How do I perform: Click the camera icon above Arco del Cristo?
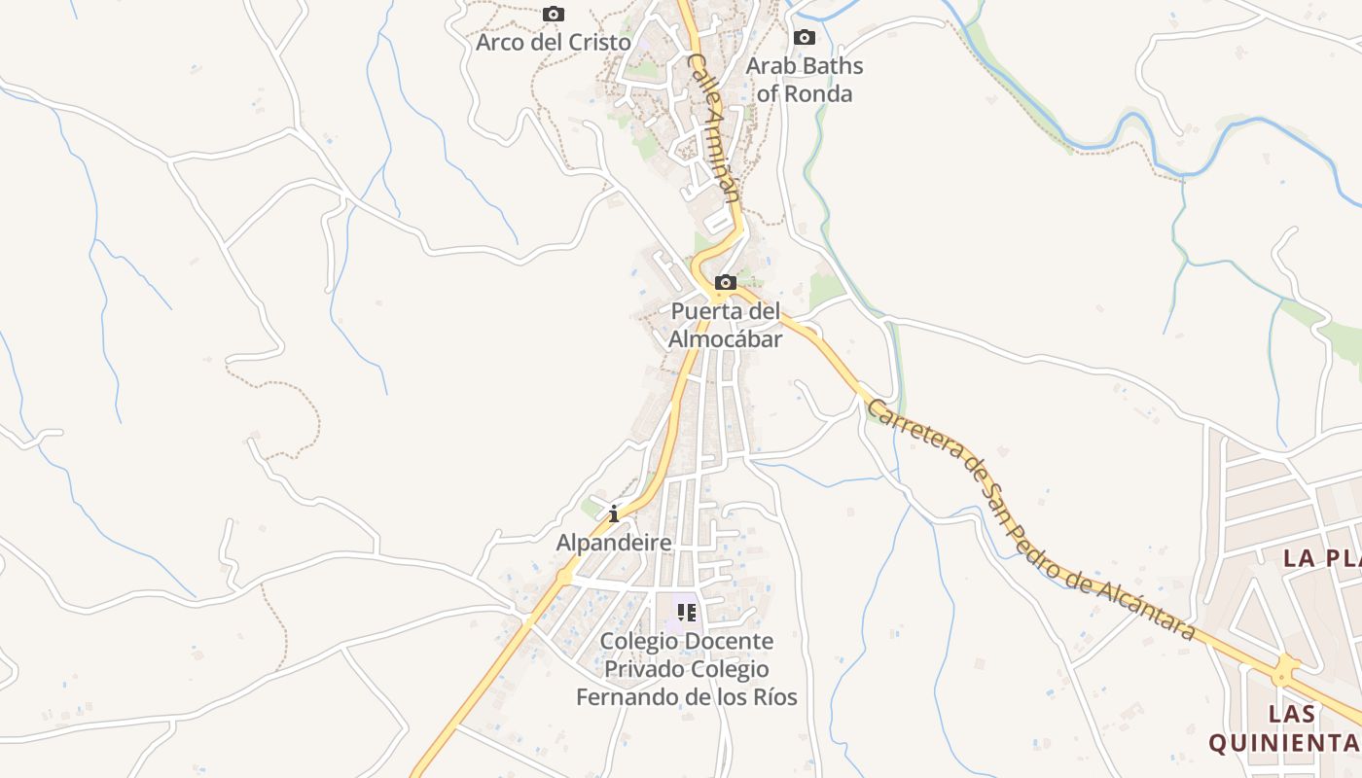[x=554, y=15]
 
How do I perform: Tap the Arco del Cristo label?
[x=553, y=43]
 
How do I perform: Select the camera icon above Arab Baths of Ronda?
[x=804, y=38]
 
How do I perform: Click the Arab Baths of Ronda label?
[x=805, y=80]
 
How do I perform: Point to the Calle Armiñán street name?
[x=715, y=126]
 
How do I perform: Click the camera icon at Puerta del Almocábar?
[x=726, y=283]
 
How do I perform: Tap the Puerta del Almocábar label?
[x=726, y=326]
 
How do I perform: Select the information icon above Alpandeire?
[x=614, y=513]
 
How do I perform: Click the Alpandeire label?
[x=614, y=543]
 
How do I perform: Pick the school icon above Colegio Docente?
[x=687, y=613]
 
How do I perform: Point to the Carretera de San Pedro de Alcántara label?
[x=1031, y=520]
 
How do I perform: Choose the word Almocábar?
[x=726, y=339]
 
